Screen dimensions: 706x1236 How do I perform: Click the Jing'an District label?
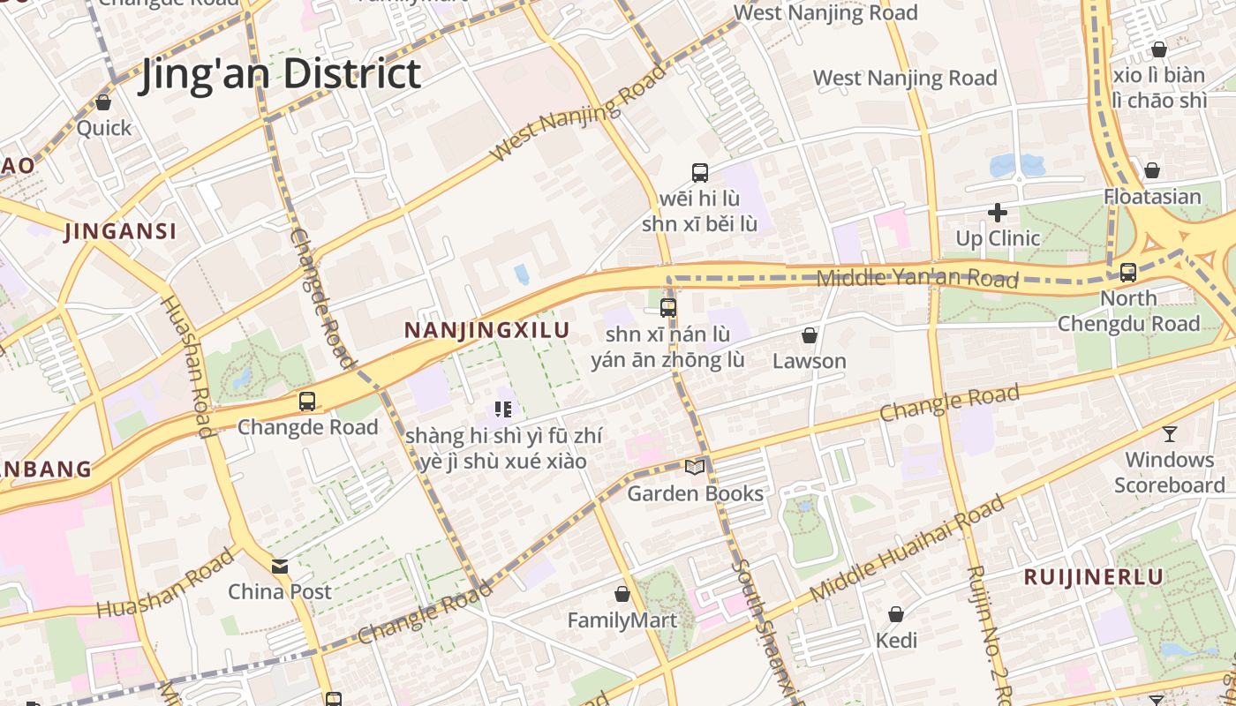click(x=279, y=73)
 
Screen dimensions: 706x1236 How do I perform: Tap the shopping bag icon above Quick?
click(x=103, y=102)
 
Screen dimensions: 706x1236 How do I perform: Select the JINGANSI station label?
click(x=121, y=232)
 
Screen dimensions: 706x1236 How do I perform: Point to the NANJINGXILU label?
click(x=486, y=330)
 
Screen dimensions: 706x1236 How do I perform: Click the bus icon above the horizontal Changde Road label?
click(x=307, y=402)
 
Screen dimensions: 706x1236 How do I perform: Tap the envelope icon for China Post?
click(x=280, y=566)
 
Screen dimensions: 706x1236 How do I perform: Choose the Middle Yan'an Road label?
click(x=917, y=278)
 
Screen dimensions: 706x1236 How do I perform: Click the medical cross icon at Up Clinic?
click(x=998, y=213)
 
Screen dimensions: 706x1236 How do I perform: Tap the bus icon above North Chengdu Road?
click(x=1128, y=273)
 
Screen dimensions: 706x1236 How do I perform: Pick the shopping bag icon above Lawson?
click(x=809, y=335)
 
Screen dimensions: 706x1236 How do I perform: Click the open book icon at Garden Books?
click(x=696, y=467)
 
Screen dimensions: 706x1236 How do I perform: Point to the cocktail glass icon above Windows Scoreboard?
click(x=1170, y=433)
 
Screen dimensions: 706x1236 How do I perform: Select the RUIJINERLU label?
click(x=1093, y=577)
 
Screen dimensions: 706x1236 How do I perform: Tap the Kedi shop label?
click(x=896, y=641)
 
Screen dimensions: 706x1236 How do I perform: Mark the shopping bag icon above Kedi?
click(x=896, y=614)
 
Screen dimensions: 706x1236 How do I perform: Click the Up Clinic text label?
click(x=998, y=238)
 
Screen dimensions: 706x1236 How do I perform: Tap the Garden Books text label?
click(x=695, y=493)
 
